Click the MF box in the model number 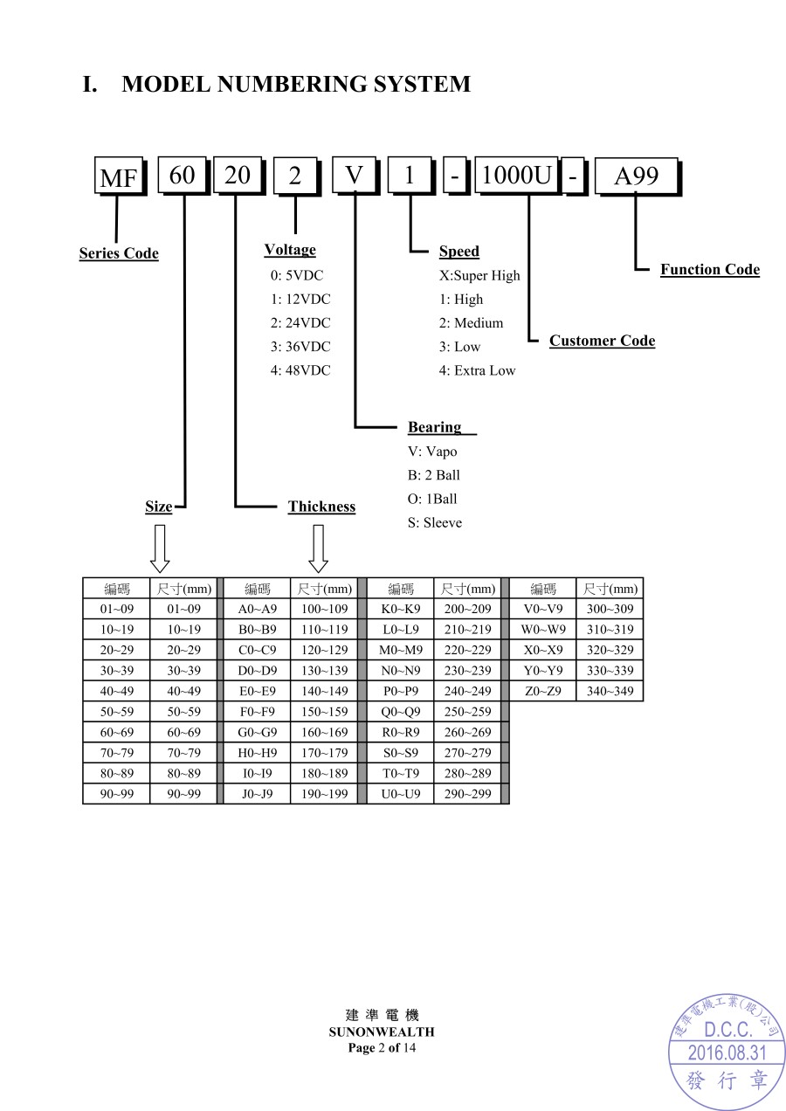coord(118,178)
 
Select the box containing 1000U coord(516,176)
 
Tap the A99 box coord(635,176)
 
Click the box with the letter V coord(354,176)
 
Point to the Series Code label coord(119,253)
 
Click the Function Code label coord(709,269)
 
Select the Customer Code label coord(602,341)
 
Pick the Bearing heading coord(435,427)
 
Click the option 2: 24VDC coord(300,322)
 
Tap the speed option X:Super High coord(479,275)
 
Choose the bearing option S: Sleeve coord(435,522)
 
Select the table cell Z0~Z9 coord(542,691)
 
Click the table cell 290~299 coord(467,794)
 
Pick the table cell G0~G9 coord(257,732)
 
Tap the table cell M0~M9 coord(401,650)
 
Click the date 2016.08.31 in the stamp coord(727,1052)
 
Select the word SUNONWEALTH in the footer coord(382,1032)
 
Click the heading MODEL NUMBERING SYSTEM coord(296,85)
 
